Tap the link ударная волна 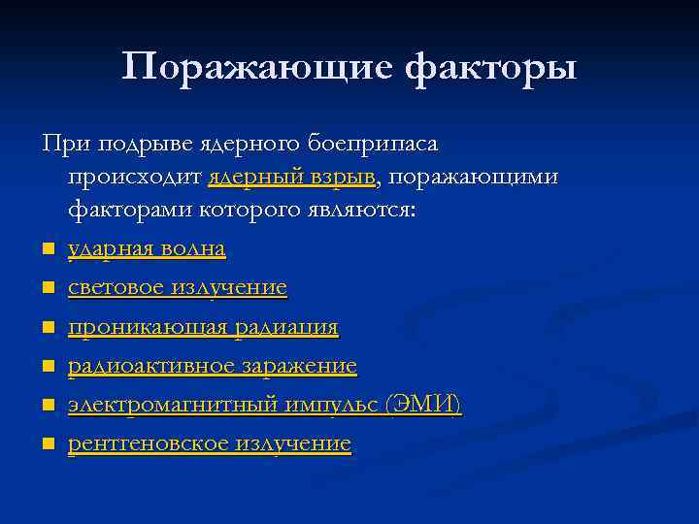coord(147,249)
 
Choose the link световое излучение coord(178,288)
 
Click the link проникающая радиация coord(203,328)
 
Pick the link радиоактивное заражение coord(213,367)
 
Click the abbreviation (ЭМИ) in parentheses coord(422,406)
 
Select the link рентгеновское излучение coord(210,444)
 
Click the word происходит coord(134,178)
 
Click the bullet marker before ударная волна coord(47,251)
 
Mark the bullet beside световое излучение coord(47,290)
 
